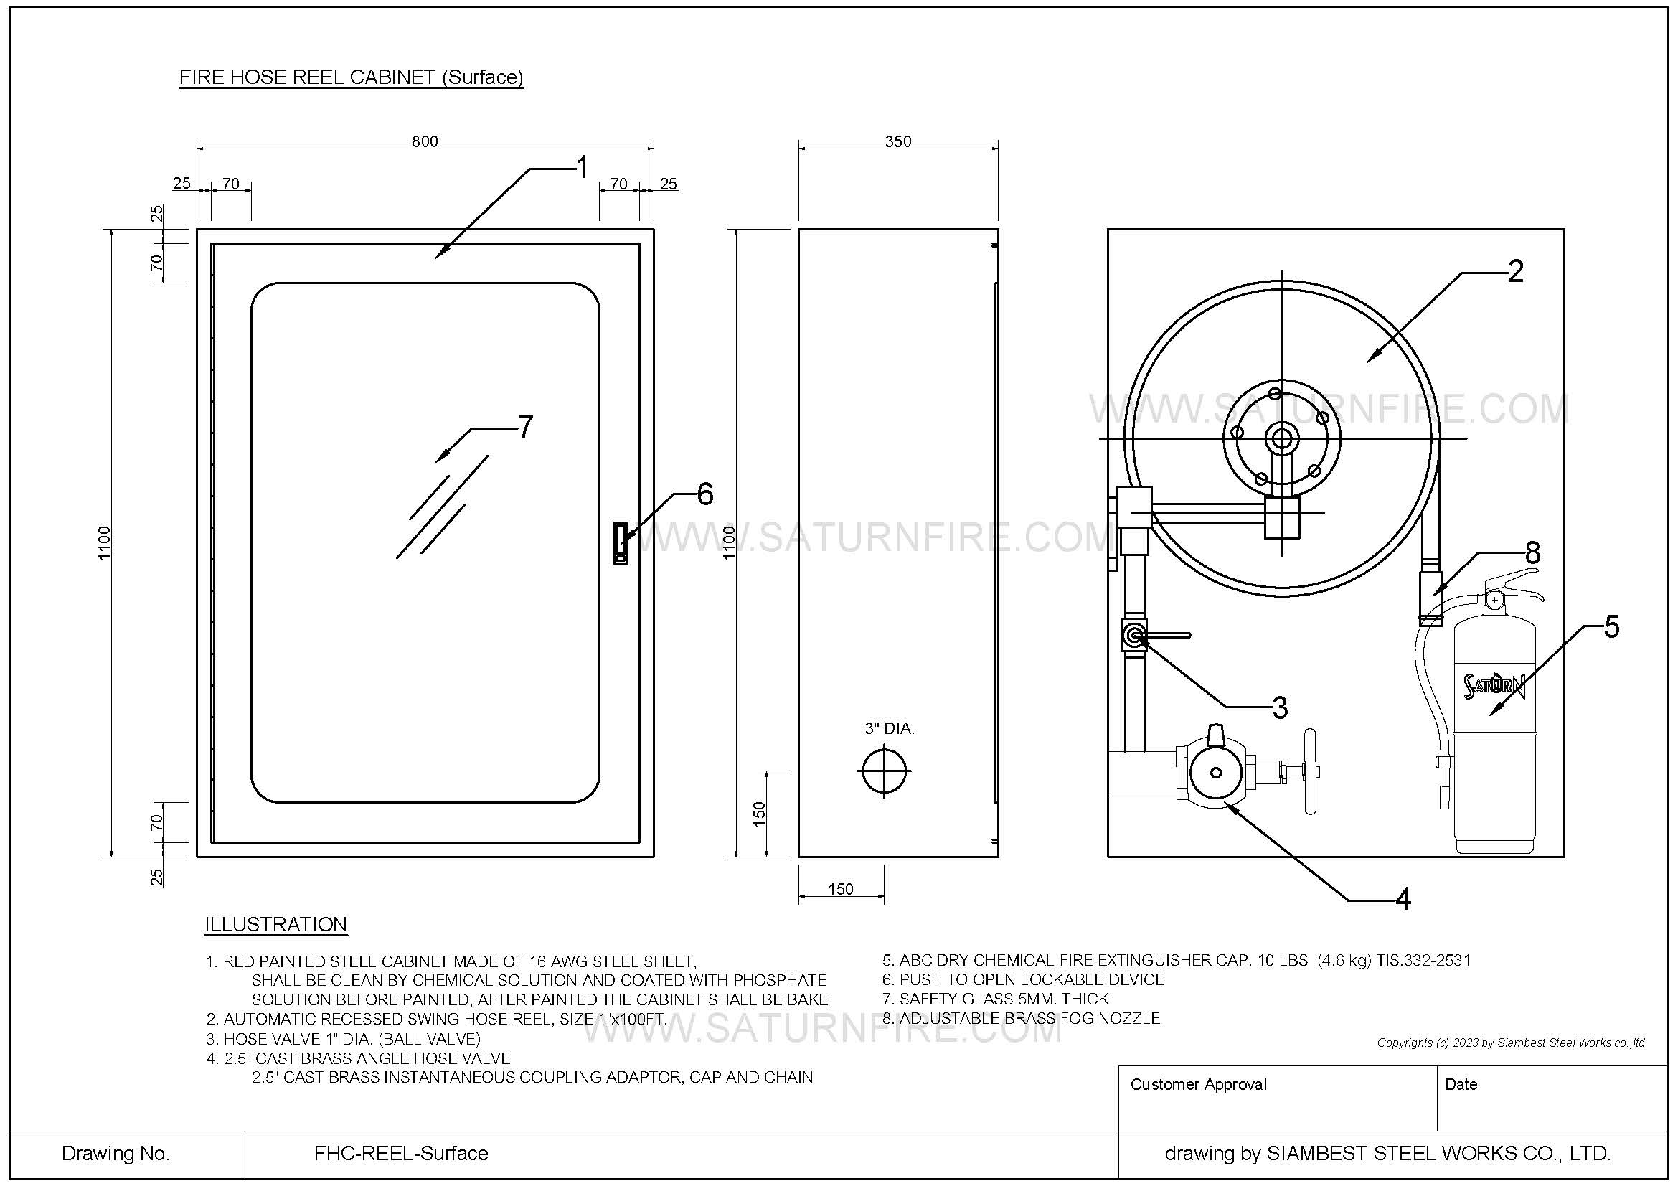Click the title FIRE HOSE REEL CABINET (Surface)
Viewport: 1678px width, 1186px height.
point(352,77)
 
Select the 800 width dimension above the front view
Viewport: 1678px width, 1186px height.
point(425,141)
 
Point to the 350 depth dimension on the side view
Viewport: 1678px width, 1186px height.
point(897,141)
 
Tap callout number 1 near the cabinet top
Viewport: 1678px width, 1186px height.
point(582,168)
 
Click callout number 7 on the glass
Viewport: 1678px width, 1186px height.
point(524,426)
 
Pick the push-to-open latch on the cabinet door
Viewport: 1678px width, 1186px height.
point(621,542)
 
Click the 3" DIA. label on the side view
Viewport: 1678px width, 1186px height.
point(890,728)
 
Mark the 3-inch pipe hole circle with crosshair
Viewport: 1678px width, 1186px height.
point(885,770)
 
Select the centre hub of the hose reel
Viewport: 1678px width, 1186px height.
point(1282,438)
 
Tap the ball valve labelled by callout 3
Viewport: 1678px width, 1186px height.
point(1134,636)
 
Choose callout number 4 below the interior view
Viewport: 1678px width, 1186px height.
point(1403,900)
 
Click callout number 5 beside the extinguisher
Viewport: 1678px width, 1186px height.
point(1611,627)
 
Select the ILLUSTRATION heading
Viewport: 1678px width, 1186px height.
point(275,924)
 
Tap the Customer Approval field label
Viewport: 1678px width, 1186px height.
point(1198,1084)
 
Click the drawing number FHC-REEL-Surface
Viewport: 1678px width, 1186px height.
point(400,1153)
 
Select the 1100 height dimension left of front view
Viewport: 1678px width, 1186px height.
point(104,542)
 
